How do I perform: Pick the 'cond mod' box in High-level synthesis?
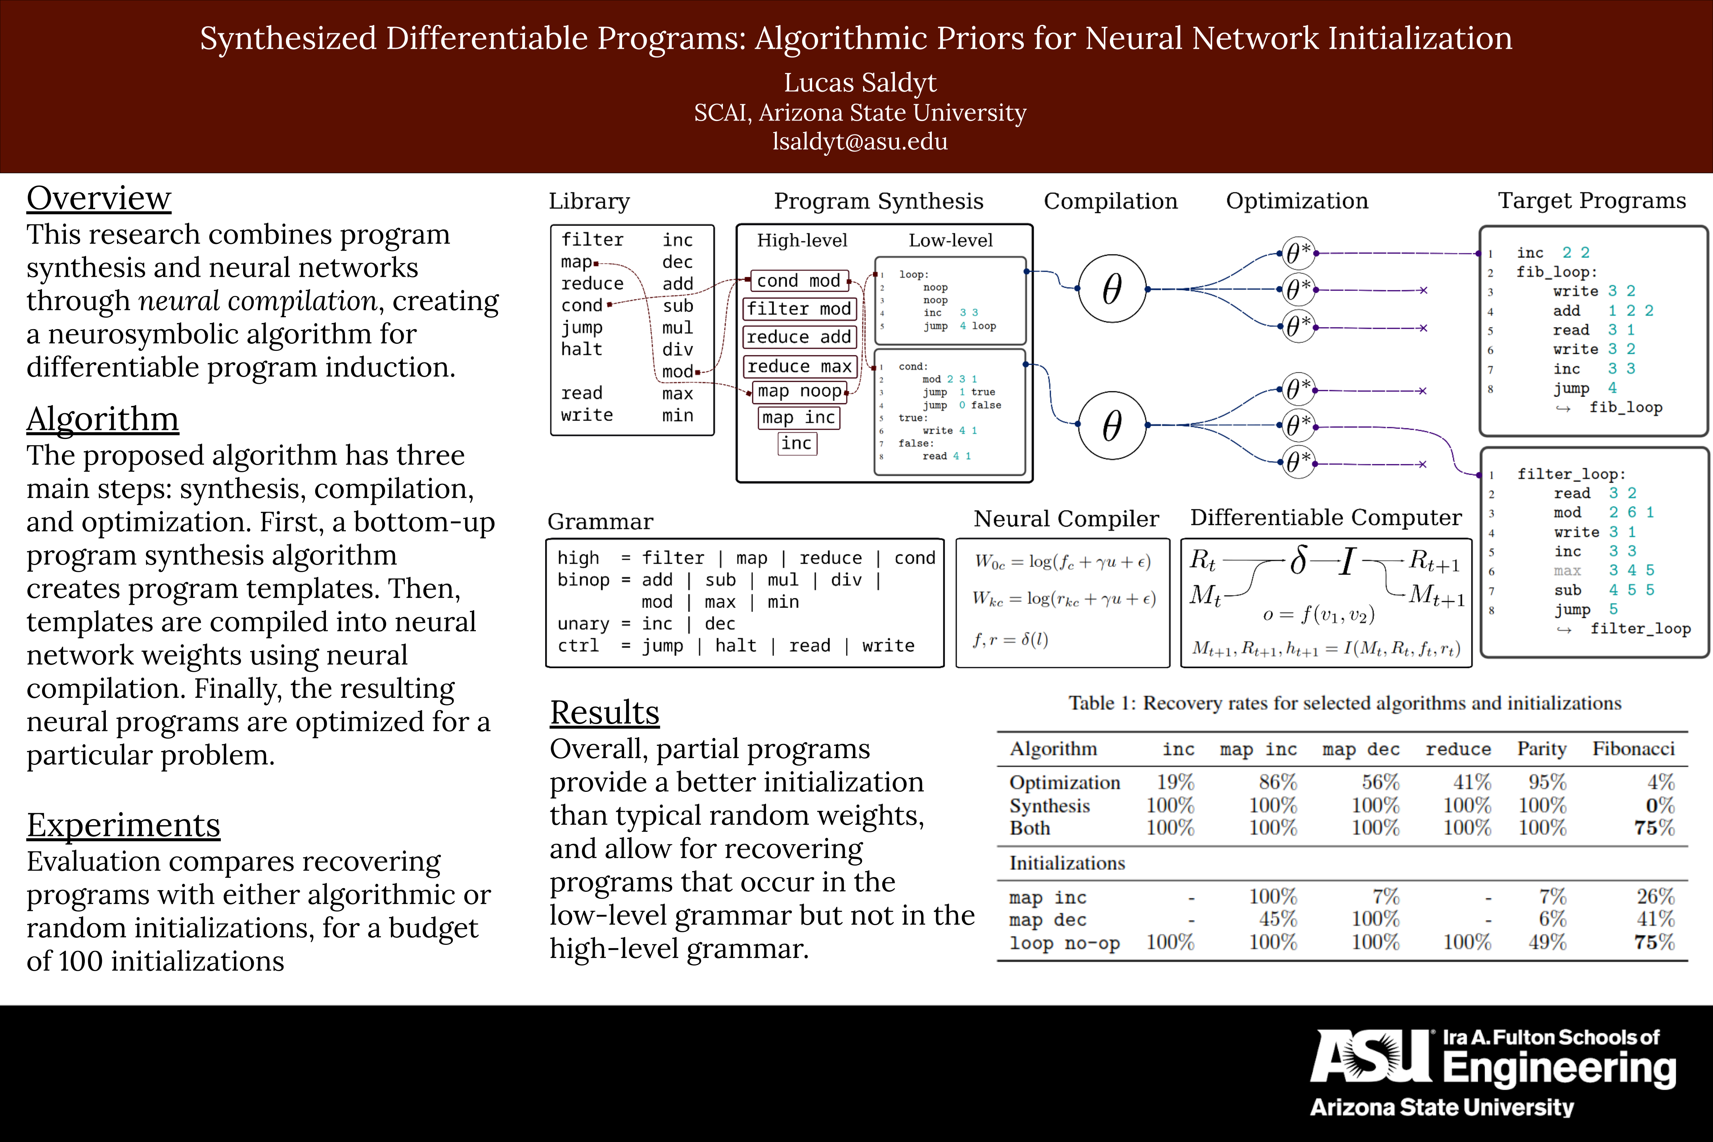pyautogui.click(x=798, y=280)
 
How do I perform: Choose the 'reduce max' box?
pyautogui.click(x=799, y=366)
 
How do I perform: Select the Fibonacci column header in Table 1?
pyautogui.click(x=1633, y=749)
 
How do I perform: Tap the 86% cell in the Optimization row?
pyautogui.click(x=1278, y=782)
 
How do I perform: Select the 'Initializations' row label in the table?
pyautogui.click(x=1067, y=863)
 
